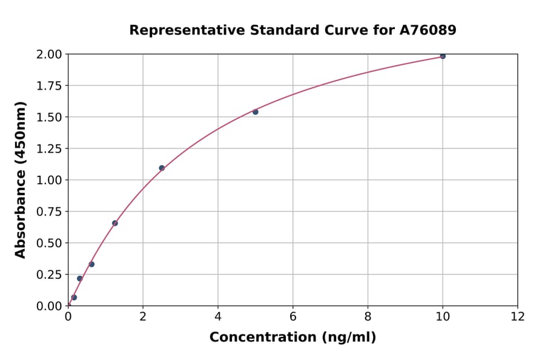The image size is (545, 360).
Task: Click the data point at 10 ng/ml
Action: (x=443, y=56)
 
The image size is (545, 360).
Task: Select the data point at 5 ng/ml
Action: (x=256, y=112)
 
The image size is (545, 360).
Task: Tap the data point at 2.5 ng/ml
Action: (x=162, y=168)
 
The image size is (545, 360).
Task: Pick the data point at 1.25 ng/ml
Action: (x=115, y=223)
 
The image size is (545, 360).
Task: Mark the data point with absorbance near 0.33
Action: (x=91, y=264)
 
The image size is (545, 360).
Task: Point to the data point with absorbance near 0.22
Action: (x=79, y=278)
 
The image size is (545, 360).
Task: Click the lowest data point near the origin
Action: (x=74, y=298)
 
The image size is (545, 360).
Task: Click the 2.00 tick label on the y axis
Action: (x=48, y=55)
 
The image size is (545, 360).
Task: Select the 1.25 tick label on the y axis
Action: (x=48, y=149)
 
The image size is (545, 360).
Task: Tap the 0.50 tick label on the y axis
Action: (x=48, y=243)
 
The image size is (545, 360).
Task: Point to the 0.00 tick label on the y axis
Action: (x=48, y=306)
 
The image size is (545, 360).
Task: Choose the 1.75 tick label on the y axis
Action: (x=48, y=86)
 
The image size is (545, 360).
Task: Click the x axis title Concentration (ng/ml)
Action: (x=292, y=338)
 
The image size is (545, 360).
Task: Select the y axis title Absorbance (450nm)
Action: (x=21, y=180)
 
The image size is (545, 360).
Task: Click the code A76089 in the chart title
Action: (x=429, y=30)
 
